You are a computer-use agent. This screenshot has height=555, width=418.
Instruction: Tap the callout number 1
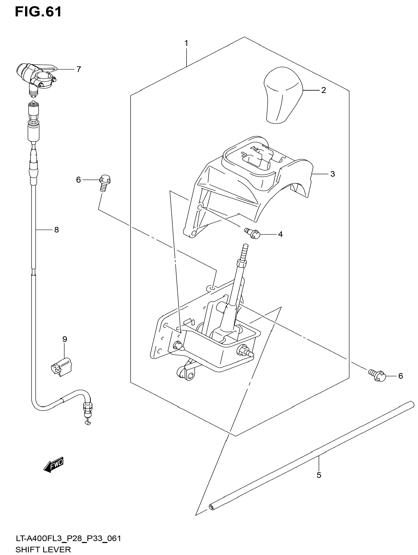(186, 43)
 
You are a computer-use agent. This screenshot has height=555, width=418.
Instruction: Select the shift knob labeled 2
(283, 95)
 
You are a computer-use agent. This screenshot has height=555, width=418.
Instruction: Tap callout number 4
(280, 234)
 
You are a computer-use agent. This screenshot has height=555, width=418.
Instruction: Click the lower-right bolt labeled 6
(377, 376)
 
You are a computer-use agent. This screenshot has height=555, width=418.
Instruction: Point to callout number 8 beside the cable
(57, 230)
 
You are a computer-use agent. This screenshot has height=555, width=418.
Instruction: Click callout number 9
(65, 339)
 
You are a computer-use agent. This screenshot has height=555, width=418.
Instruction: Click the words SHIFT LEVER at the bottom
(43, 550)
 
